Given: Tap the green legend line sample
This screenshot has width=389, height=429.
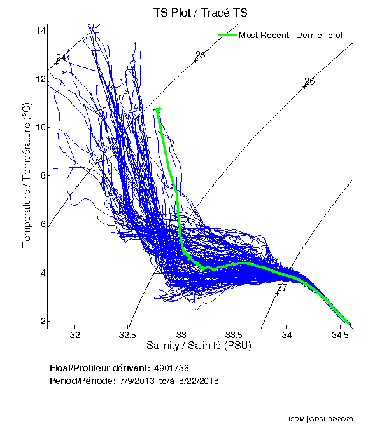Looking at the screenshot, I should coord(227,34).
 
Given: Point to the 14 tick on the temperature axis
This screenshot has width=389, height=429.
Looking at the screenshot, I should coord(39,31).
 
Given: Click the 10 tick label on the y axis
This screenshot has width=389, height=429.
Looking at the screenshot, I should coord(39,128).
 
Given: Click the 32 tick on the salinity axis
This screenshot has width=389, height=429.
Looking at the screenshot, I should coord(76,334).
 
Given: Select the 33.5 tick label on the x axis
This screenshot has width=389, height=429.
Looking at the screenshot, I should coord(234,334).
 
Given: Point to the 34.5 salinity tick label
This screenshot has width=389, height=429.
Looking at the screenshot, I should coord(340,334).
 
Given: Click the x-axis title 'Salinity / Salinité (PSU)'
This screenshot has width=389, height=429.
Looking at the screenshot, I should coord(199,346).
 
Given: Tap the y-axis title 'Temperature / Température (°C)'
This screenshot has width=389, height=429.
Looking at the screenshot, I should coord(27,176).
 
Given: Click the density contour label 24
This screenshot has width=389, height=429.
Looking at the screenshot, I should coord(62,58).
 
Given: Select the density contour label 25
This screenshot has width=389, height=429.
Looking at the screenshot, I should coord(201,55).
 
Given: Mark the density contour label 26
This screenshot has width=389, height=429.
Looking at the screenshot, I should coord(309,81).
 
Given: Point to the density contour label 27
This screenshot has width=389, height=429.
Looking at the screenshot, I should coord(282,288).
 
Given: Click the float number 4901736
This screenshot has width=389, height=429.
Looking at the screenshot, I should coord(171,368).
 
